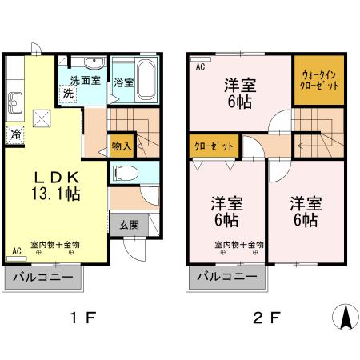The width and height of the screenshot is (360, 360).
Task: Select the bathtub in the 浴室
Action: [x=146, y=77]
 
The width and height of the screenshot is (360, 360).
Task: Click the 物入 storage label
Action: [x=122, y=146]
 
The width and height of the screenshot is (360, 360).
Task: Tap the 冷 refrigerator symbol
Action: [x=15, y=134]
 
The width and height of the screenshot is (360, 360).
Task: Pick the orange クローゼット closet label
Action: [x=214, y=146]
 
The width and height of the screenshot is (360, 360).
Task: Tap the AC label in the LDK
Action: [x=16, y=250]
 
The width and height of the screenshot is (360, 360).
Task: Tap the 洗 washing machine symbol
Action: [x=70, y=93]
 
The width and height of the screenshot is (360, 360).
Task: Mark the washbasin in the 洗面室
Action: [x=93, y=64]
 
